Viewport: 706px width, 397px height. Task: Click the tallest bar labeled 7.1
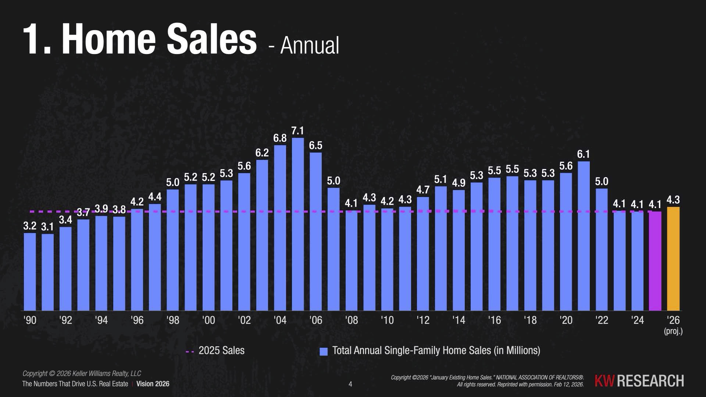(298, 224)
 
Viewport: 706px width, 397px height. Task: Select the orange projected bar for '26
(673, 259)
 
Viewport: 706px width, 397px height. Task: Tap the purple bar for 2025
(655, 261)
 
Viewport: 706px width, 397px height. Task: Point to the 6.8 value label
(280, 138)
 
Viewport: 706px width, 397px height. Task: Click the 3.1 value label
(47, 227)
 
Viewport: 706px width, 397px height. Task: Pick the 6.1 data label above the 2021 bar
(584, 154)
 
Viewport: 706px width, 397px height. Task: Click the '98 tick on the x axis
(173, 320)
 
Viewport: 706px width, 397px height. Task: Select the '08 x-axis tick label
(352, 320)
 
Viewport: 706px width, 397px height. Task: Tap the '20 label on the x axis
(566, 320)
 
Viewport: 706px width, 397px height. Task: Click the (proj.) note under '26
(673, 331)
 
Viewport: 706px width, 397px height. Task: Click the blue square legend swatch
(324, 351)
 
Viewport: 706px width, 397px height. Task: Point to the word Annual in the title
(310, 46)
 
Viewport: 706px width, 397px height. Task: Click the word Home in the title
(109, 39)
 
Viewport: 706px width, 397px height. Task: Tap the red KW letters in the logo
(604, 381)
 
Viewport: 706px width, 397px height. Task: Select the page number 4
(350, 384)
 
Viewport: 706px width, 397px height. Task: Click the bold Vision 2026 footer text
(153, 384)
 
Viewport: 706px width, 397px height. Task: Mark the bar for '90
(30, 272)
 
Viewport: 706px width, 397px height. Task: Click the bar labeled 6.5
(315, 232)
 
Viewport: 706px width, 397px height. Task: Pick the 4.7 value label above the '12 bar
(423, 190)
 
